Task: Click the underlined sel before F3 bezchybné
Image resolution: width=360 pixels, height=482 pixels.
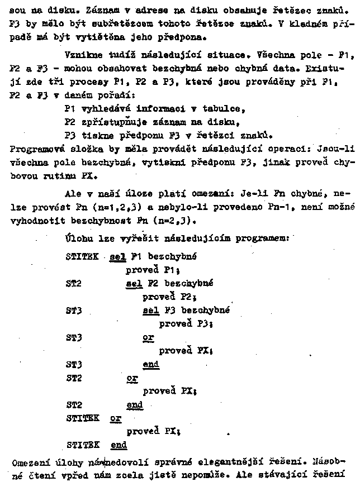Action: click(x=151, y=311)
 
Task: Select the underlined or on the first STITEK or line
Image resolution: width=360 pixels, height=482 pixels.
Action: click(x=116, y=418)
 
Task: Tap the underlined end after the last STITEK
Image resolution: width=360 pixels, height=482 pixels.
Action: click(x=119, y=445)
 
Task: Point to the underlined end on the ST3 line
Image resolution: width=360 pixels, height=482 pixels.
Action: click(x=151, y=365)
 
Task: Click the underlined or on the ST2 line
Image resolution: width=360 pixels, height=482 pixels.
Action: click(x=132, y=378)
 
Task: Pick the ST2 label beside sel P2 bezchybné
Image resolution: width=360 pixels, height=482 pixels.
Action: click(x=74, y=283)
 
